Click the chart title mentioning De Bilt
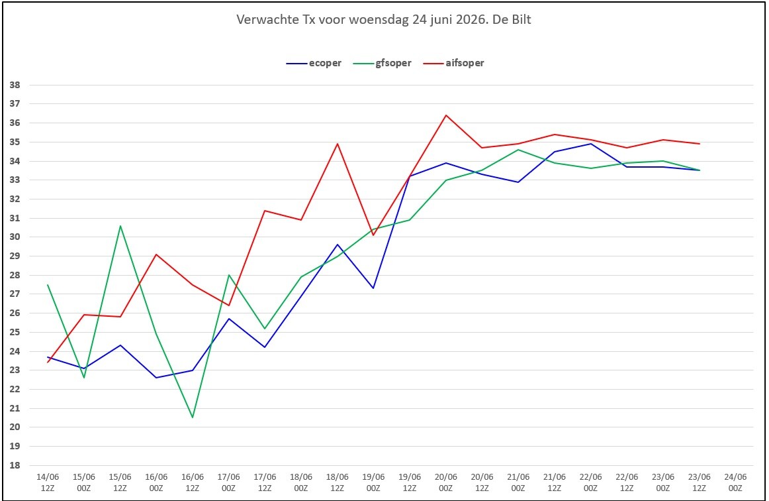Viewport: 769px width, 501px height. [x=384, y=20]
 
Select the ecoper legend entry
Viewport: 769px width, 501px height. [x=314, y=63]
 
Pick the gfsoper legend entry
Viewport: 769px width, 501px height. [x=382, y=63]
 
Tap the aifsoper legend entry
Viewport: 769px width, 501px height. [x=453, y=63]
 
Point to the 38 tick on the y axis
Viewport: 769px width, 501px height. [x=15, y=85]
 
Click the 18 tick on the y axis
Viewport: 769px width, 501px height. [x=15, y=465]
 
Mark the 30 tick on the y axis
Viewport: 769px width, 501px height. [x=15, y=237]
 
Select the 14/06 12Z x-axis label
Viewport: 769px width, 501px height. [x=48, y=482]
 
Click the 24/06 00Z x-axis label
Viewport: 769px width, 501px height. [x=735, y=482]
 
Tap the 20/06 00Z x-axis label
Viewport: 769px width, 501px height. [x=446, y=482]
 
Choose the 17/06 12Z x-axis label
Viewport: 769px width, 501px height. [x=265, y=482]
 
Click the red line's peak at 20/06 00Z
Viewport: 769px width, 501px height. [x=446, y=115]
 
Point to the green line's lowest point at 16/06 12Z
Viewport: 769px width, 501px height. [x=192, y=417]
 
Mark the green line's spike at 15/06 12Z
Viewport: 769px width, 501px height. [x=120, y=225]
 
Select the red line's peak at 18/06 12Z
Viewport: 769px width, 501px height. [x=338, y=144]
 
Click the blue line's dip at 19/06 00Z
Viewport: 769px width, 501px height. [x=373, y=288]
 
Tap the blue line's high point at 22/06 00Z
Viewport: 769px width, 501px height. [x=590, y=144]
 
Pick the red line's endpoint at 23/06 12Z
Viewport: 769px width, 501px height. [x=700, y=144]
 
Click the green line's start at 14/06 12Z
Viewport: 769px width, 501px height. [x=48, y=284]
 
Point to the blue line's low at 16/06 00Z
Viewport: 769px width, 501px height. [x=156, y=378]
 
